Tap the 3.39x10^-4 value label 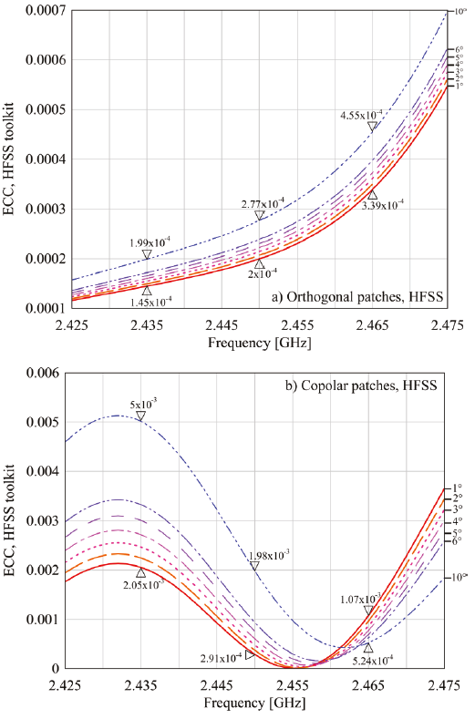point(382,206)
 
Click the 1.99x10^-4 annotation point(150,242)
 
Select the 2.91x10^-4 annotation point(222,657)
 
